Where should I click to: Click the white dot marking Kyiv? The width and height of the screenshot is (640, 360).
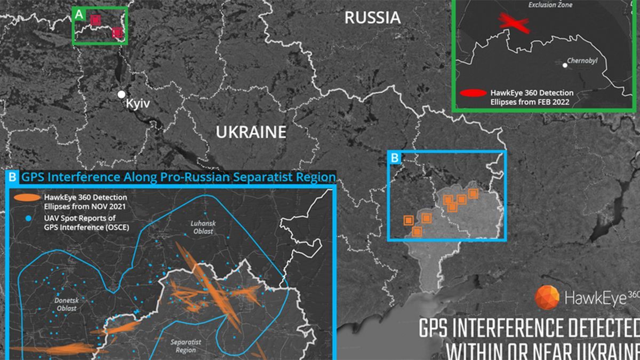[122, 94]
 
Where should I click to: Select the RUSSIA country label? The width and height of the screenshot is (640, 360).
[372, 18]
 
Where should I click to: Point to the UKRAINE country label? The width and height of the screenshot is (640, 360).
[251, 132]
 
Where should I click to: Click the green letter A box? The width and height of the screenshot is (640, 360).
[79, 14]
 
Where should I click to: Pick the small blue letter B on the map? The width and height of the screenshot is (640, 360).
[395, 157]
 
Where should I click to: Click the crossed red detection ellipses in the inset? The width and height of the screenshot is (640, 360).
[513, 22]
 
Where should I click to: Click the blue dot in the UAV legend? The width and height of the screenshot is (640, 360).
[27, 219]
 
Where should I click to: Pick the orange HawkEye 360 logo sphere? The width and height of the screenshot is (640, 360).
[546, 297]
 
